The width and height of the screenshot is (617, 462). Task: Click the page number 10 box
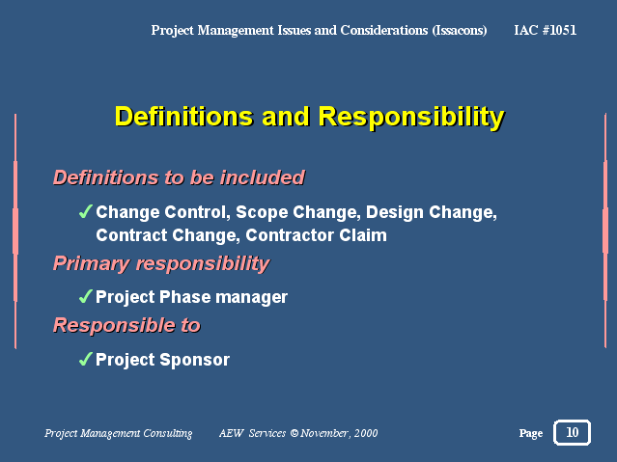tap(572, 432)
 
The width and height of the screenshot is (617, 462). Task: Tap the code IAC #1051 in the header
tap(545, 30)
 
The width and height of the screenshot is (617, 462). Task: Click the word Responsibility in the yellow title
tap(411, 117)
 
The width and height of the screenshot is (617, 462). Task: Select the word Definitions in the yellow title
tap(183, 117)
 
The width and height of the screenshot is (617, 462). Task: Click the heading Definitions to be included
tap(179, 177)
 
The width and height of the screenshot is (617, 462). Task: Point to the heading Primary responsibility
tap(161, 263)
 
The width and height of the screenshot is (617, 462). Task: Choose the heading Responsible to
tap(126, 325)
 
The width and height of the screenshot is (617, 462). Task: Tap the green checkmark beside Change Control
tap(86, 211)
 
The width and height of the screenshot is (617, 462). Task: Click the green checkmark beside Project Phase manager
tap(86, 296)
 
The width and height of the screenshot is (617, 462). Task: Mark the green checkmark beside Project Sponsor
tap(86, 359)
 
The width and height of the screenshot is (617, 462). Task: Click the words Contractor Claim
tap(317, 235)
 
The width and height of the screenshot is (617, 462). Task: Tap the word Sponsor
tap(195, 360)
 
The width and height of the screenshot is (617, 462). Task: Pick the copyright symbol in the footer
tap(294, 433)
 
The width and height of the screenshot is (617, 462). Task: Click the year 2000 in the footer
tap(366, 433)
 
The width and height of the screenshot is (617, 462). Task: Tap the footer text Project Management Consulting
tap(119, 433)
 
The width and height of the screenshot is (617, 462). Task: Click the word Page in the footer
tap(531, 433)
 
